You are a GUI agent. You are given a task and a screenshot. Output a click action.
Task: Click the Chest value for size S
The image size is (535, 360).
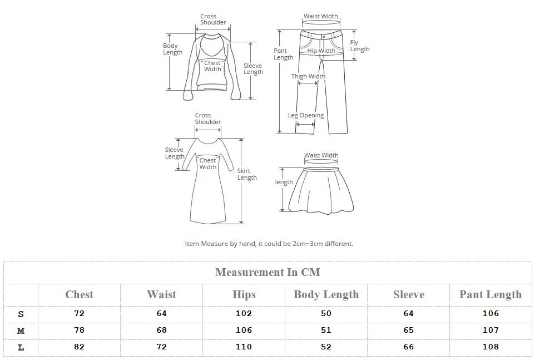(79, 313)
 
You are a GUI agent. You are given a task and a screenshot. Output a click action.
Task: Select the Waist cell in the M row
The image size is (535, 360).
(161, 330)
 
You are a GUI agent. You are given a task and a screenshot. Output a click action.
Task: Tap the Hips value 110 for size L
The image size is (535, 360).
(244, 347)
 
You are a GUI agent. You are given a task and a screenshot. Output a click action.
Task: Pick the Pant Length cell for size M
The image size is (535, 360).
(491, 330)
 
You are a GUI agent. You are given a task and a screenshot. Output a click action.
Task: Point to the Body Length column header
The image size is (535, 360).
(326, 294)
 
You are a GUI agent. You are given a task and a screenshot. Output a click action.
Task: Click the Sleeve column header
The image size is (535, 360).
(409, 294)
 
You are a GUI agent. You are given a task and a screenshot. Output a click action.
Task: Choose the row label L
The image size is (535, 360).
(21, 347)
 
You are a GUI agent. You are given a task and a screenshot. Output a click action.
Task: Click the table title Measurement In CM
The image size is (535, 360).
(268, 272)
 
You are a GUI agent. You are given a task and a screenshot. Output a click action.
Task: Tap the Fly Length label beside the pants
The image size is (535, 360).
(360, 46)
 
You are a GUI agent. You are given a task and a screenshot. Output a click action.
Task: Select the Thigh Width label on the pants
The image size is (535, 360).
(308, 76)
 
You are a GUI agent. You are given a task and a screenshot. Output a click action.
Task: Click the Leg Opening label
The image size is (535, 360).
(306, 115)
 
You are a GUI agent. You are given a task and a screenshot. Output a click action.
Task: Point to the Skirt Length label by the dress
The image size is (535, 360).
(247, 174)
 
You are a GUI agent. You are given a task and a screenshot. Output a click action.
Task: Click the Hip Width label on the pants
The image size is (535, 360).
(321, 51)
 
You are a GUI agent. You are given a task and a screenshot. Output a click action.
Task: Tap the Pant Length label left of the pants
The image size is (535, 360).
(283, 54)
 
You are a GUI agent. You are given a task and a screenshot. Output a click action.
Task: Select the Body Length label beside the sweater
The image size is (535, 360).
(172, 49)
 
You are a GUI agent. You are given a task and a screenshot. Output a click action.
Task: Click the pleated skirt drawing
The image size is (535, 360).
(321, 190)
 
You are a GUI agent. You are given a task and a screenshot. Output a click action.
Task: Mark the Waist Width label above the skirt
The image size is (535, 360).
(321, 155)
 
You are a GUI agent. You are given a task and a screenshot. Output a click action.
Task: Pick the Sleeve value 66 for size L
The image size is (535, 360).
(408, 347)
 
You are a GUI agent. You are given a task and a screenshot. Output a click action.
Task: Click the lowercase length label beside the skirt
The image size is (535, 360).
(284, 182)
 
